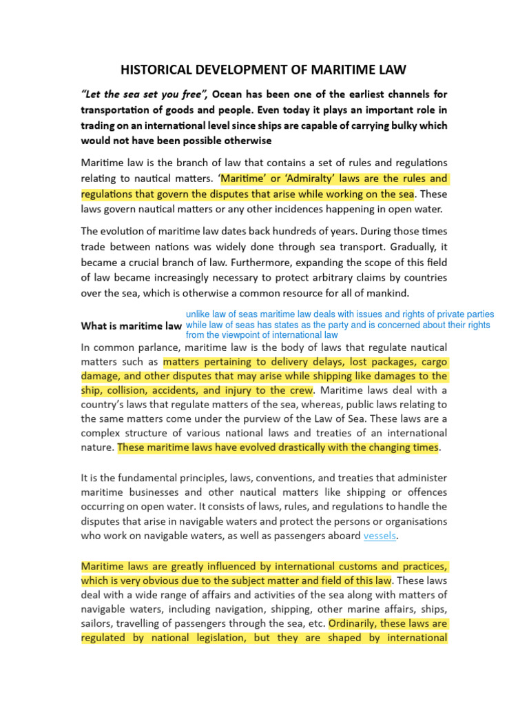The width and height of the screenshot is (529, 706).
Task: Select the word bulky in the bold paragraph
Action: point(401,125)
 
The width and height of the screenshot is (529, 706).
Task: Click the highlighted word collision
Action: point(130,390)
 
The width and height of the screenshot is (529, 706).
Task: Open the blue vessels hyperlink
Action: point(380,536)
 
